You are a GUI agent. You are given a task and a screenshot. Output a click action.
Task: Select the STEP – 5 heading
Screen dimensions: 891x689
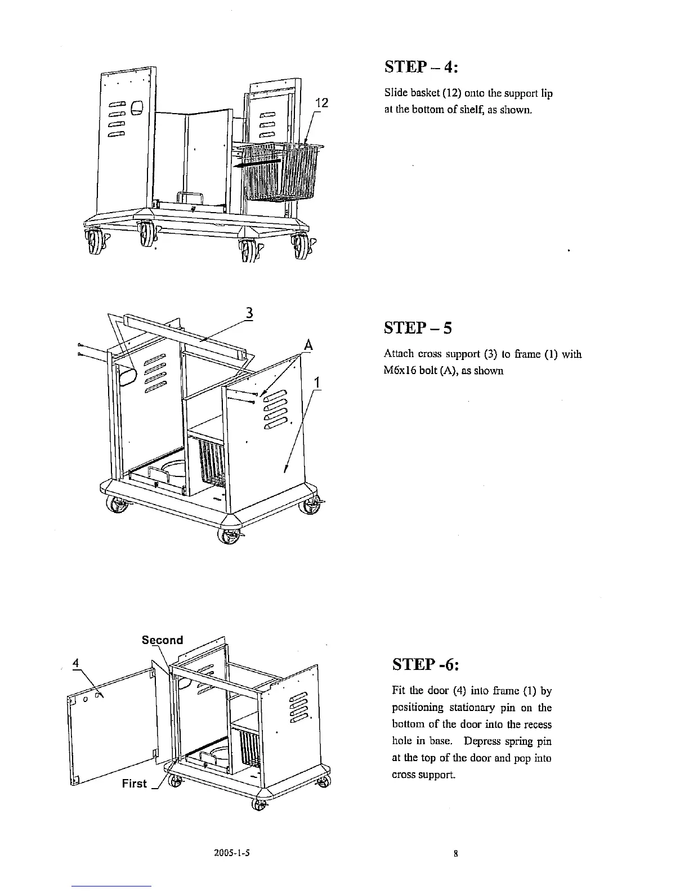click(x=418, y=327)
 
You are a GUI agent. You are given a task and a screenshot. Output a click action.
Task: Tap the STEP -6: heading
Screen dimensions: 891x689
click(x=426, y=665)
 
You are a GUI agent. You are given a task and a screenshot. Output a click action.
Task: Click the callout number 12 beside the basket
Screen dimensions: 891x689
click(x=321, y=103)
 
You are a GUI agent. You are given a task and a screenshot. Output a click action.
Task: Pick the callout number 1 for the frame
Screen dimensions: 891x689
click(x=317, y=382)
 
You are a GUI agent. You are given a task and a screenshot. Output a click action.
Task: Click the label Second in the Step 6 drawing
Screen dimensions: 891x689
click(x=162, y=640)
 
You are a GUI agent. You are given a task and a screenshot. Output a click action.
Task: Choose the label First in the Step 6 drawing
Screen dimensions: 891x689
click(x=134, y=784)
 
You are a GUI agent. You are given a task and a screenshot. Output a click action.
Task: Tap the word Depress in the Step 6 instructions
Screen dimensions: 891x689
click(x=464, y=741)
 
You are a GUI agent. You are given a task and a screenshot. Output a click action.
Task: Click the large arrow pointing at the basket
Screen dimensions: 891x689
click(x=256, y=164)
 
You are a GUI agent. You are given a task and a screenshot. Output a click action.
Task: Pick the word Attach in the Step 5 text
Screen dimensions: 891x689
click(x=396, y=354)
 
